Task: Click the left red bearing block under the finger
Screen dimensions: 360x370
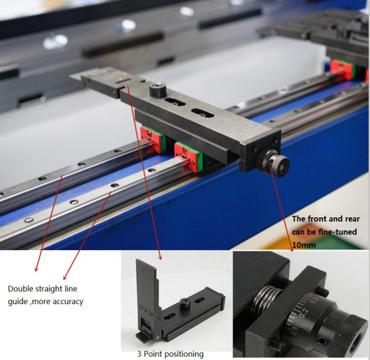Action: pos(149,138)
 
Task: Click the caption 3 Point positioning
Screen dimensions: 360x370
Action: pos(170,354)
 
